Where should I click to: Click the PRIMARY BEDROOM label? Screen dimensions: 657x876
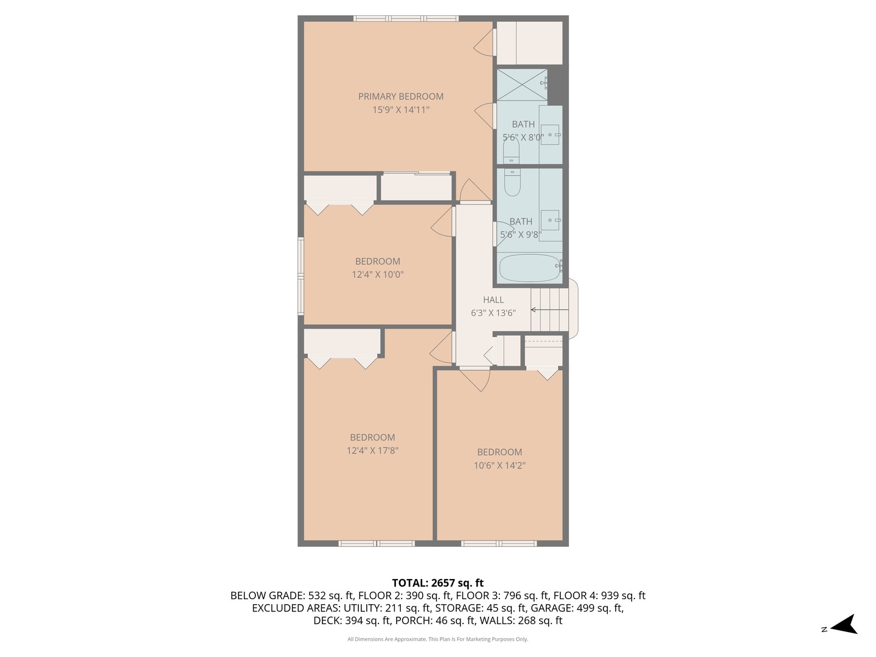click(x=400, y=96)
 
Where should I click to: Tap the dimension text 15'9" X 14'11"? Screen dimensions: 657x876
click(x=401, y=110)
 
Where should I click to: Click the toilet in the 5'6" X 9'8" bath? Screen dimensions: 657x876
click(x=512, y=182)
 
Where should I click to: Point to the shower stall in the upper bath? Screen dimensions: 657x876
click(x=522, y=85)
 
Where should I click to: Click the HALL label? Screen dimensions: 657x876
click(x=493, y=299)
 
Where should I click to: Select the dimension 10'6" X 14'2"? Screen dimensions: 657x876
click(x=499, y=465)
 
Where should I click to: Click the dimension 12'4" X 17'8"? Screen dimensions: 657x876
click(x=372, y=451)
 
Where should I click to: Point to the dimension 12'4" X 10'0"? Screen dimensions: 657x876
click(x=377, y=274)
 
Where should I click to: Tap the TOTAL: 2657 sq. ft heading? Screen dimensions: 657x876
click(x=437, y=583)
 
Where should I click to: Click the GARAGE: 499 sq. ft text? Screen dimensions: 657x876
click(x=577, y=608)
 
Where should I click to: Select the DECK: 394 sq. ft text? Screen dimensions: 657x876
click(x=352, y=620)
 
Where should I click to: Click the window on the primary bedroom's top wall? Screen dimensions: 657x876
click(x=406, y=18)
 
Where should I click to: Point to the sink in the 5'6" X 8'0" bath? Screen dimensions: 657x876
click(x=550, y=134)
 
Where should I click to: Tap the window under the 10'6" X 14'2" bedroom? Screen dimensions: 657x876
click(x=499, y=543)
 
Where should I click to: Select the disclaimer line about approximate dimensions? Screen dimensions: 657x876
click(x=437, y=639)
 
